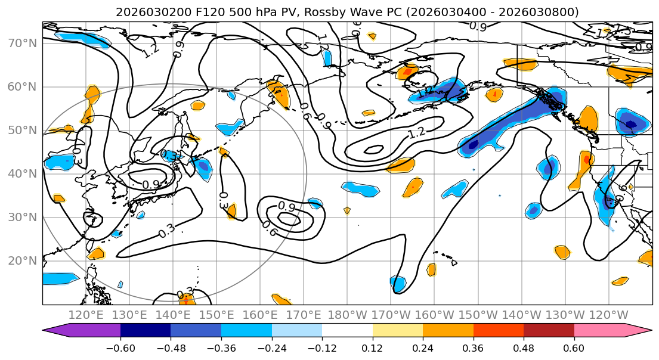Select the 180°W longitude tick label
(348, 315)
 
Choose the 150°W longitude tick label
(478, 315)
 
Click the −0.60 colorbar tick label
(120, 347)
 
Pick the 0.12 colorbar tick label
(372, 347)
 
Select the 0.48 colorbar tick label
(524, 347)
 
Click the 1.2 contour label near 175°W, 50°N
(417, 132)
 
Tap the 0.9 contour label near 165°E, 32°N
(287, 207)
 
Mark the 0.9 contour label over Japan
(150, 185)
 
